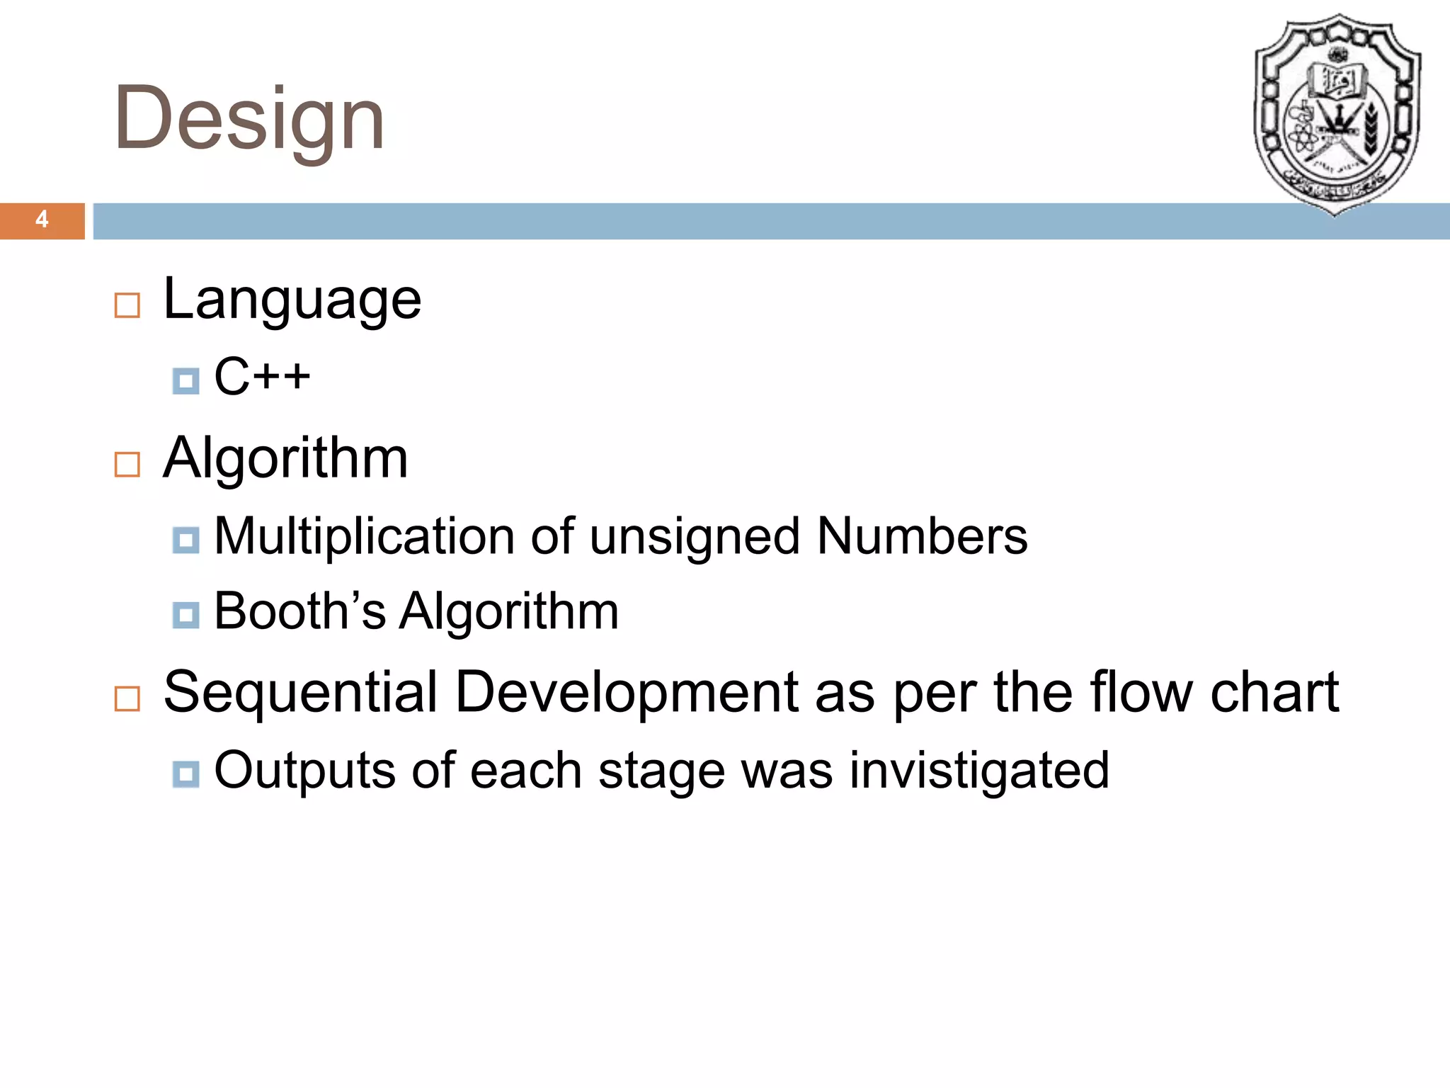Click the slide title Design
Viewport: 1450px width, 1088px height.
[249, 118]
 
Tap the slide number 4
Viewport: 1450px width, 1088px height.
[42, 220]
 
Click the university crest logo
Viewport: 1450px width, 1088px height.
[1336, 113]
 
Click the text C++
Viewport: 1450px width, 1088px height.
[262, 376]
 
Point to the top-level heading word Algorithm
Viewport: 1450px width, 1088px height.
[285, 459]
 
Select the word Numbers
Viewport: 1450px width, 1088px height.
[922, 536]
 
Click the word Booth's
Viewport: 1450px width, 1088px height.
[299, 611]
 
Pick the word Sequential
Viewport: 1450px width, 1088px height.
[300, 692]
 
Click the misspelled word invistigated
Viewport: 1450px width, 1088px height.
[978, 771]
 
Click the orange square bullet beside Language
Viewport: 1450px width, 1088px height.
[127, 306]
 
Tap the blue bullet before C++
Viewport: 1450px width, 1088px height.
[185, 381]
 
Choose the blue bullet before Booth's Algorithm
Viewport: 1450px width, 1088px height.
[185, 615]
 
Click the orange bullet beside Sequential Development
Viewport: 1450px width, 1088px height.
[127, 698]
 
